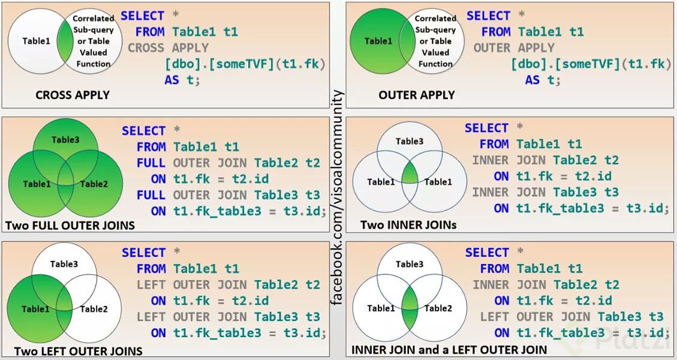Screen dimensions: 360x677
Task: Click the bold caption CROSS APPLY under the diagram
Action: click(73, 95)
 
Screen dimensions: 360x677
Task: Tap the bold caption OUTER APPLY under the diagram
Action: click(417, 95)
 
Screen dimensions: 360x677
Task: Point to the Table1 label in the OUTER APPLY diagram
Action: click(378, 41)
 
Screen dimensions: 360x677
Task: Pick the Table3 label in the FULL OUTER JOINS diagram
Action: click(65, 140)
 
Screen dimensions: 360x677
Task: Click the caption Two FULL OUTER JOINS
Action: click(70, 226)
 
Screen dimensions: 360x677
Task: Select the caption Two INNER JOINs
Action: click(408, 225)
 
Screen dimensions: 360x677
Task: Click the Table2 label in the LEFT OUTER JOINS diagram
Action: click(94, 309)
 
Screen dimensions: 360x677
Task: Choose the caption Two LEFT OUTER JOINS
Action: click(78, 351)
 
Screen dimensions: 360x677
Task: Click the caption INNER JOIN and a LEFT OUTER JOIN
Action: click(449, 349)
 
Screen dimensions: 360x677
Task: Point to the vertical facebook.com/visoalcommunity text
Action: click(338, 198)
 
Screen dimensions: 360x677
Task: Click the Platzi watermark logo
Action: click(630, 340)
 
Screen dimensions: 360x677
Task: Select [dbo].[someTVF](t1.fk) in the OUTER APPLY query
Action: click(591, 64)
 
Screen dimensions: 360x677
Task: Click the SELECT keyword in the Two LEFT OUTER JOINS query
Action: click(143, 253)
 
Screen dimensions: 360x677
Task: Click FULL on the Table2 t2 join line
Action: click(151, 163)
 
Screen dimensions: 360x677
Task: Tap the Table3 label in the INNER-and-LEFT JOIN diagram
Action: click(410, 264)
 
